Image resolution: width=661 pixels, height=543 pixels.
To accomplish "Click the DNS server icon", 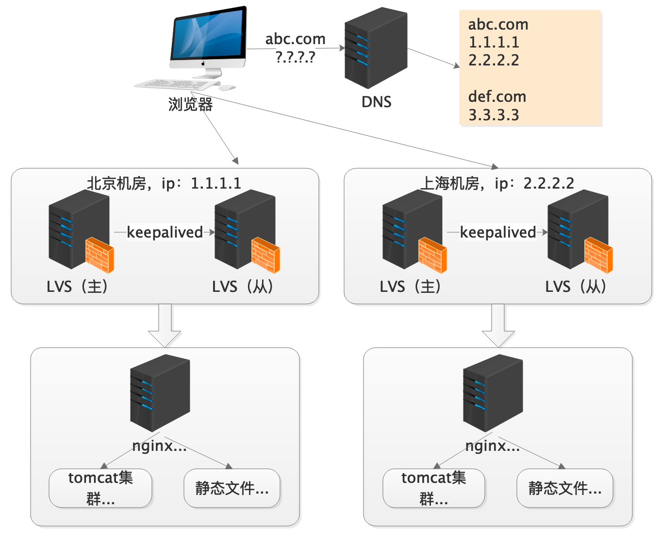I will pyautogui.click(x=376, y=48).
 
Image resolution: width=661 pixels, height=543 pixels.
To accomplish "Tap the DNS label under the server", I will pyautogui.click(x=376, y=102).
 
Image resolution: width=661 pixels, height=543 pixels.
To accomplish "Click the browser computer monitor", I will pyautogui.click(x=209, y=39).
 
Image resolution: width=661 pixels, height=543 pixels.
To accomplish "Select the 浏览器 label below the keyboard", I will pyautogui.click(x=190, y=104).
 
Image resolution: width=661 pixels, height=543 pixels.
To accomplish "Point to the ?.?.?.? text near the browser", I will pyautogui.click(x=295, y=57).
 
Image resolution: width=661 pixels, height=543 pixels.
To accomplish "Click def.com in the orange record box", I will pyautogui.click(x=497, y=96).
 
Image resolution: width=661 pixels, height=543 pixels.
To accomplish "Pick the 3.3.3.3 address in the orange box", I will pyautogui.click(x=494, y=115).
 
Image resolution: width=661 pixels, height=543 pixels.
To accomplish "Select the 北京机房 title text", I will pyautogui.click(x=116, y=183).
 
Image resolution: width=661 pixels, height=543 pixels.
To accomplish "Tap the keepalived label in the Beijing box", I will pyautogui.click(x=165, y=232).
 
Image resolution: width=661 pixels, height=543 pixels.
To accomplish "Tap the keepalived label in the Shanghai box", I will pyautogui.click(x=497, y=232).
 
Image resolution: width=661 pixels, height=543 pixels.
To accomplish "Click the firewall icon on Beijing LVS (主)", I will pyautogui.click(x=100, y=255).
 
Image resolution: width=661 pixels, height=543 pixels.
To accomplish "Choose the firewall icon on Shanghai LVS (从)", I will pyautogui.click(x=598, y=255).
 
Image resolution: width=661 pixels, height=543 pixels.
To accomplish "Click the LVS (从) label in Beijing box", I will pyautogui.click(x=243, y=287).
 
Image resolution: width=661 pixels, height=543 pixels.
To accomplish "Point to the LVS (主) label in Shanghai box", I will pyautogui.click(x=410, y=287).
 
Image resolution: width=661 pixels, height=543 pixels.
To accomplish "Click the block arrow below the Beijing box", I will pyautogui.click(x=165, y=325).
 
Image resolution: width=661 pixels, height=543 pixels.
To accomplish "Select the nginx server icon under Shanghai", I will pyautogui.click(x=493, y=393).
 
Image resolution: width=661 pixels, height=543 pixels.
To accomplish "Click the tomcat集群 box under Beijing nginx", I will pyautogui.click(x=100, y=488).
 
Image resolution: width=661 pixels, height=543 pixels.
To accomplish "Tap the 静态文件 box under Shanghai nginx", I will pyautogui.click(x=565, y=488).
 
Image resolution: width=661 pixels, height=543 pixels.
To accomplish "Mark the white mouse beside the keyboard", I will pyautogui.click(x=227, y=88).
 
